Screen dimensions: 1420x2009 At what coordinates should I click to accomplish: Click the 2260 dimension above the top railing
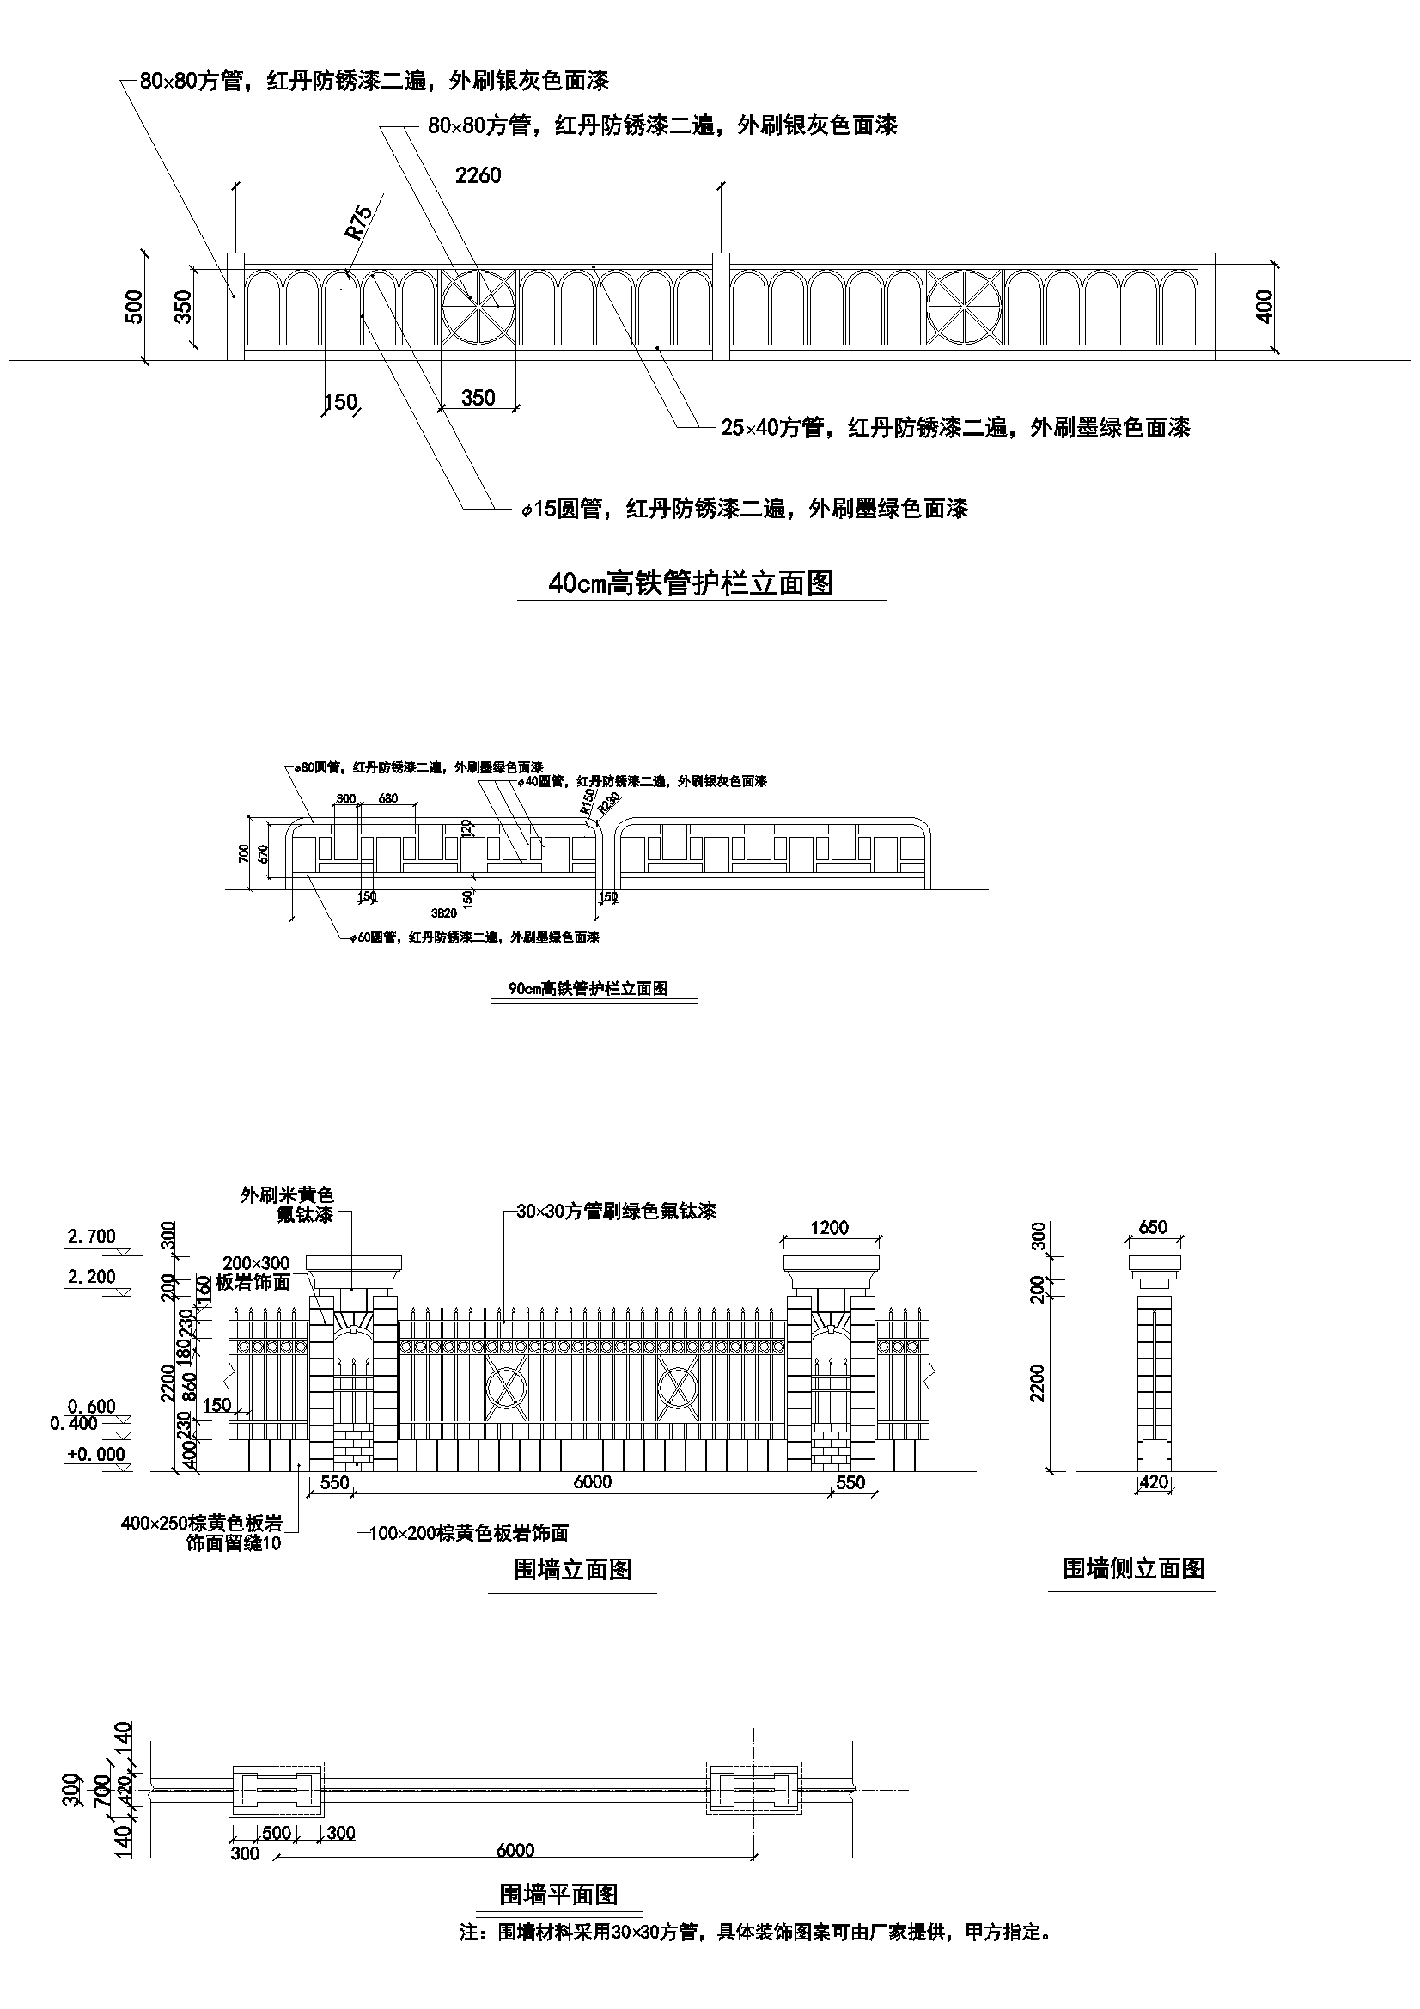(478, 175)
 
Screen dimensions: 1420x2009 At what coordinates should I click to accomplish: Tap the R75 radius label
(358, 222)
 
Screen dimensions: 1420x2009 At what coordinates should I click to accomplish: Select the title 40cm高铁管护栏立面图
(692, 583)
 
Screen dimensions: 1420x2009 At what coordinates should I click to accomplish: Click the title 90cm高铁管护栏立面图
(588, 989)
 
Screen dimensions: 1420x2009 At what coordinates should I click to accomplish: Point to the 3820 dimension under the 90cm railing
(443, 913)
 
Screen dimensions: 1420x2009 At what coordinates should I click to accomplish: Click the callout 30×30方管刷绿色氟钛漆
(616, 1211)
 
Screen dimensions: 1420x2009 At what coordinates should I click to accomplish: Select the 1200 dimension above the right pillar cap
(830, 1228)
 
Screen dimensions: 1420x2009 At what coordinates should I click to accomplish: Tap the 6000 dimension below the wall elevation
(593, 1481)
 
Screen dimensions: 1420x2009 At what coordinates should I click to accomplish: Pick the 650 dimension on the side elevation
(1153, 1227)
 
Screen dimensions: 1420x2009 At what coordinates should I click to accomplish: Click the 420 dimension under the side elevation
(1155, 1481)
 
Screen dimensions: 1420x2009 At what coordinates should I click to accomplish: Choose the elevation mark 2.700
(92, 1236)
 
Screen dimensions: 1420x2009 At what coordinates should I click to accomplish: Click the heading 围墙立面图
(572, 1569)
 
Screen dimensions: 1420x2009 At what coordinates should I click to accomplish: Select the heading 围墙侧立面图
(1133, 1568)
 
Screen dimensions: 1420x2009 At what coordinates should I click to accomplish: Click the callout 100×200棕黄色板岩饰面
(469, 1533)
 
